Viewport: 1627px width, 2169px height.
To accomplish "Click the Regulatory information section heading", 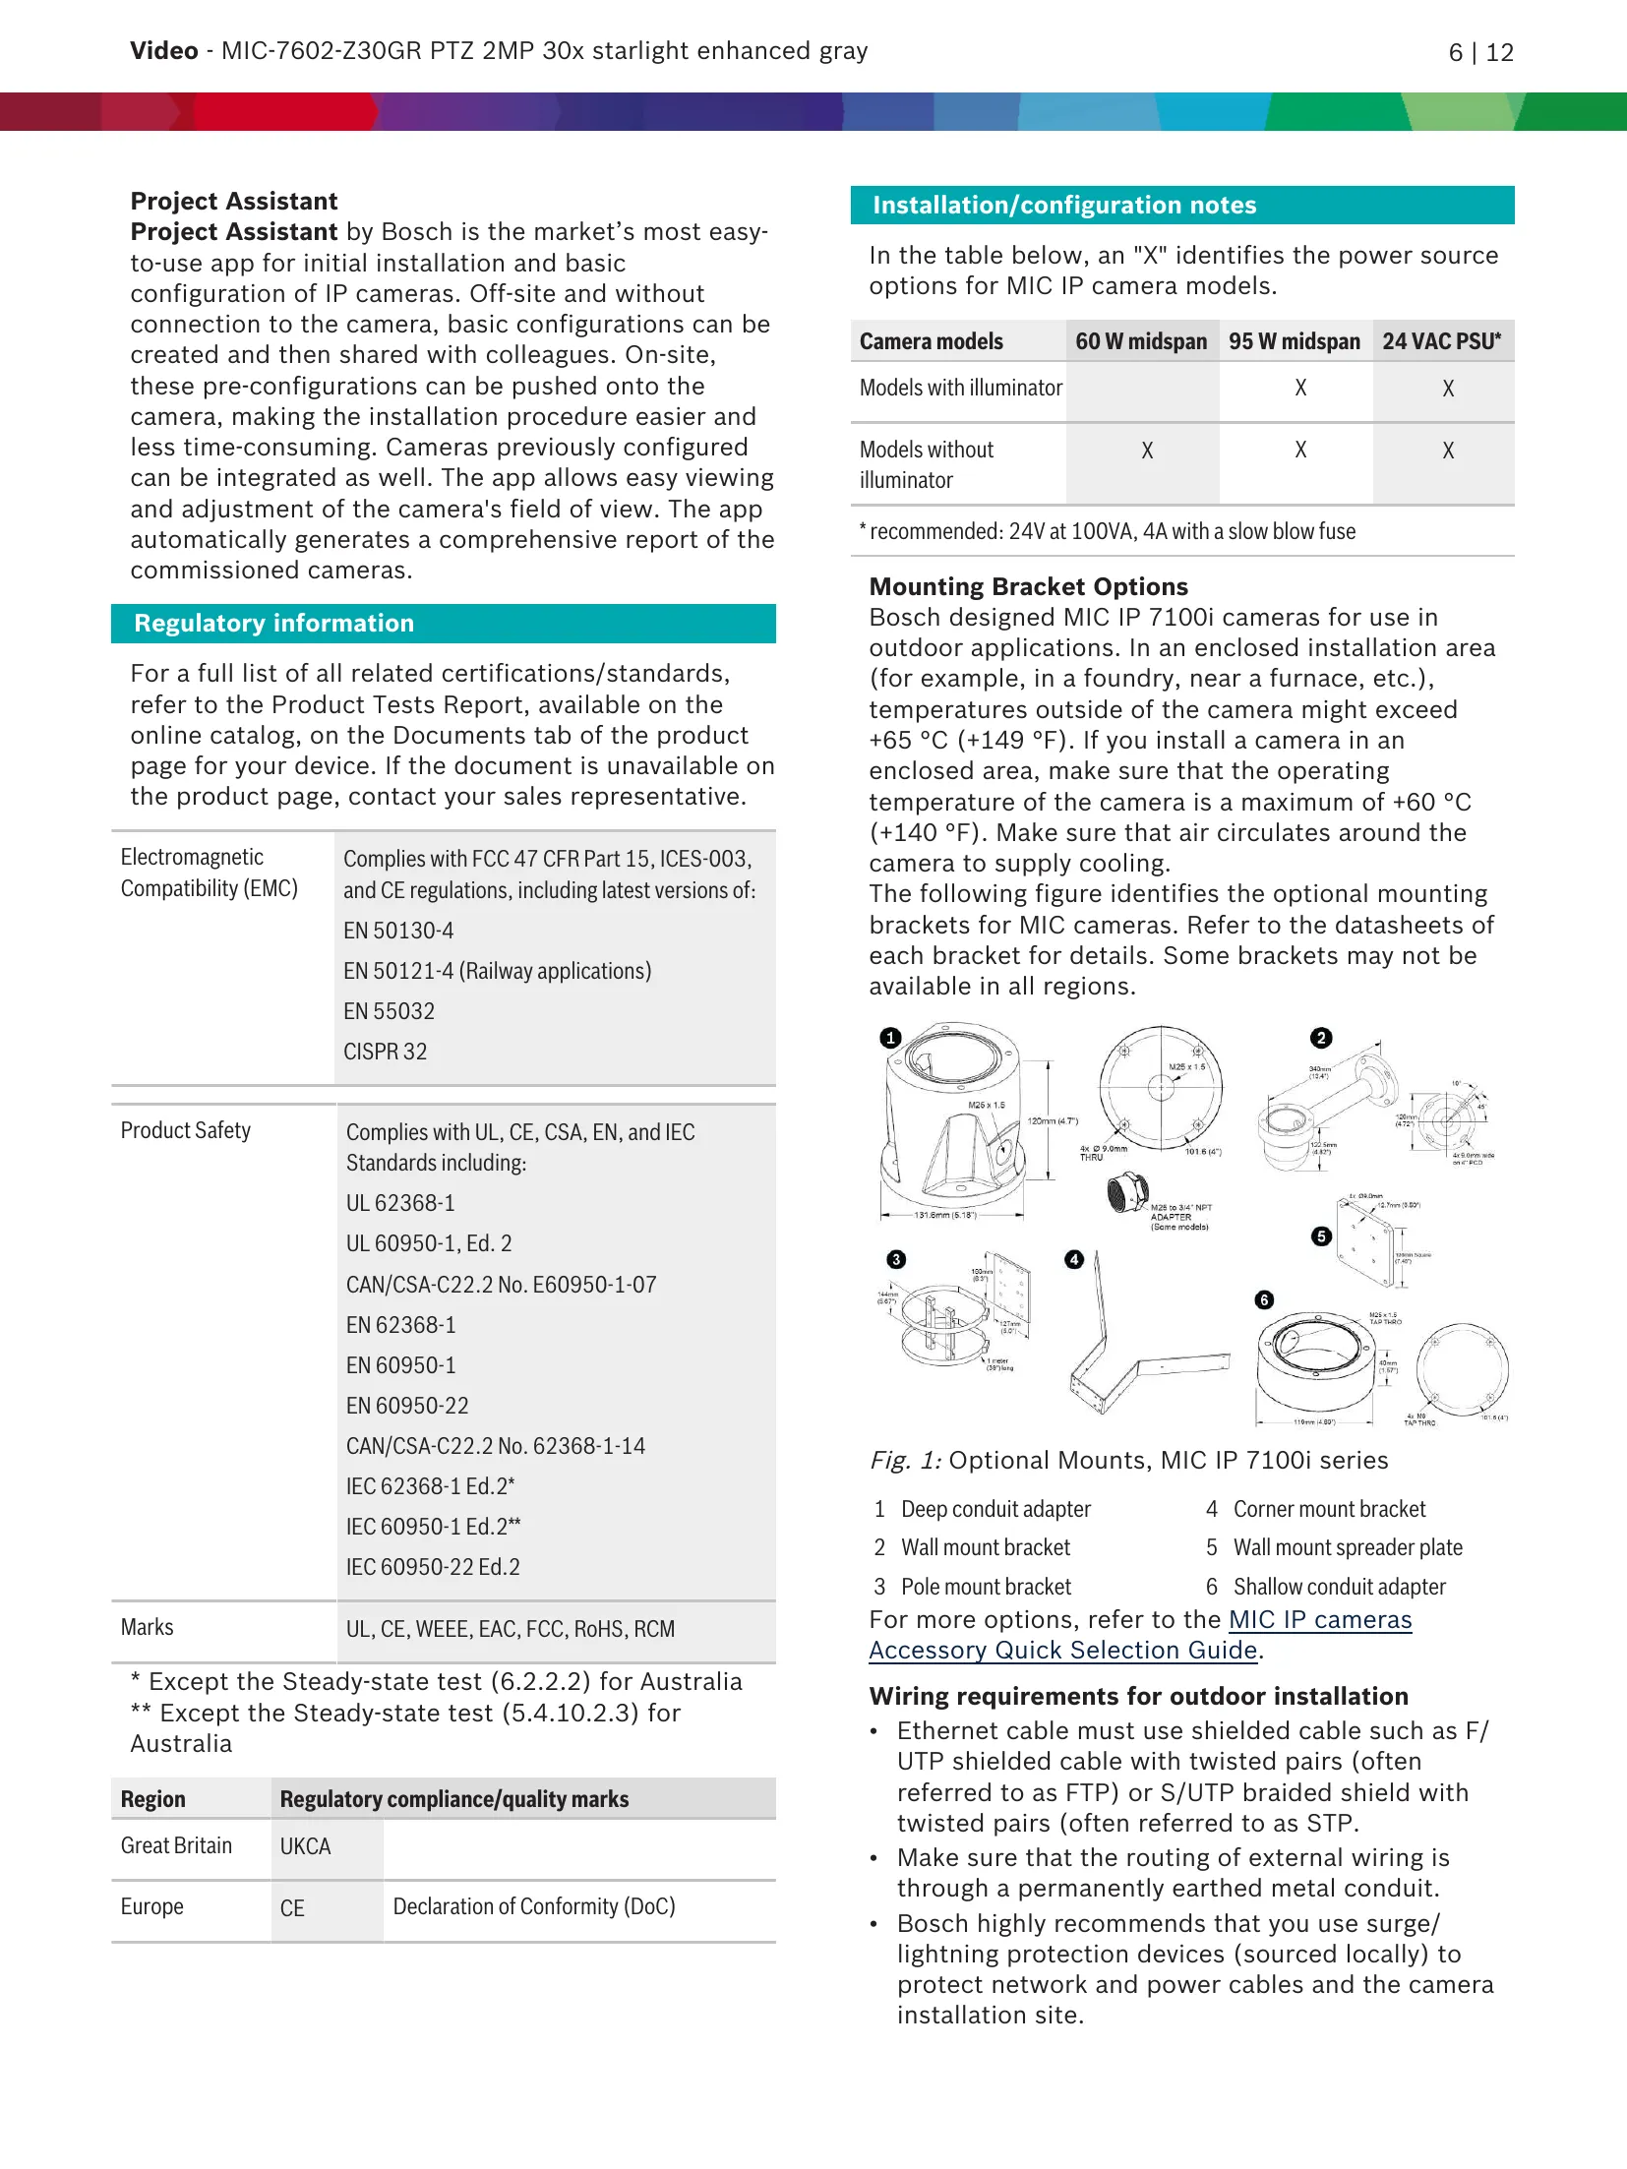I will pos(273,624).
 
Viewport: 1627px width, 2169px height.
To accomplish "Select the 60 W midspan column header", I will pos(1140,341).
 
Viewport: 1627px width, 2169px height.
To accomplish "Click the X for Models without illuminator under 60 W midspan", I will pos(1146,451).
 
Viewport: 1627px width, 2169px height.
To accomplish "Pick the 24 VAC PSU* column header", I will pos(1441,341).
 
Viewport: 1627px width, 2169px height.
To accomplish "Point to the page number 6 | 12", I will pos(1480,53).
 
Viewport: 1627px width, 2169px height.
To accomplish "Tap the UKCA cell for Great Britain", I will pos(305,1846).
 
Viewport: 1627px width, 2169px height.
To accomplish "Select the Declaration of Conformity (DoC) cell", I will pos(534,1906).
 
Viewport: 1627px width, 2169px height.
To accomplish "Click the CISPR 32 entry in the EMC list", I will pos(385,1052).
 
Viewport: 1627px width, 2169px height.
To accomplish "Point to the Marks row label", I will pos(147,1627).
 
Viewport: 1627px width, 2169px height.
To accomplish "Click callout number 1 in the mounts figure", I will pos(890,1038).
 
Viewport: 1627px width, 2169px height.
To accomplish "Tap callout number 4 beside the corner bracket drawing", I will pos(1074,1259).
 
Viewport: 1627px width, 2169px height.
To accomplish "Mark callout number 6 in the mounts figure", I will pos(1264,1300).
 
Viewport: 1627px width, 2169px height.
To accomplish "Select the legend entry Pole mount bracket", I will pos(986,1587).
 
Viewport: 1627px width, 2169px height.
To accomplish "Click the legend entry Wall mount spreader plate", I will pos(1347,1547).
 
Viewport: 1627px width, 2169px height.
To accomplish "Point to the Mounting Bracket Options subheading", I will pos(1028,587).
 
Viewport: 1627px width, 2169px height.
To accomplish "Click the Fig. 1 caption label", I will pos(905,1461).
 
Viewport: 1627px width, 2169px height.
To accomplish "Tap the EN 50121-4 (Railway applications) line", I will pos(497,971).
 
